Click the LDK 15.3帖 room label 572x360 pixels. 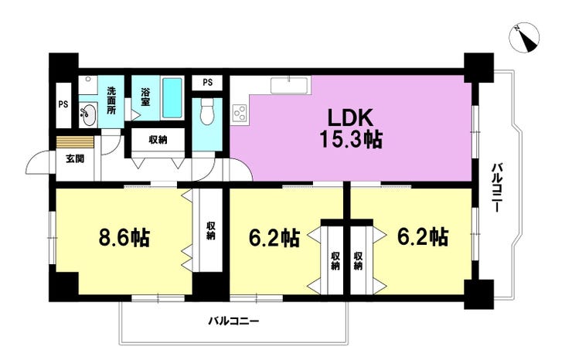point(351,129)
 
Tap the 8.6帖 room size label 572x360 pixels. point(124,237)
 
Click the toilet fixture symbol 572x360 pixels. point(207,112)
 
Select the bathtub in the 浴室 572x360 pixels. point(172,97)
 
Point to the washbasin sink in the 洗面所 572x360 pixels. point(88,114)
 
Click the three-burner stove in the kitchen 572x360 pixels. point(240,113)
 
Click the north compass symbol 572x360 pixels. point(524,38)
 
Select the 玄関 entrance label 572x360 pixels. point(75,158)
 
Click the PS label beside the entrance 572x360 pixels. point(63,104)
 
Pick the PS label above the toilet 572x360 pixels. point(208,83)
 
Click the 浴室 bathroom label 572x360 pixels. point(145,97)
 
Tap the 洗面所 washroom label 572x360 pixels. point(111,100)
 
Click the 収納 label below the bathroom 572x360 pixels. point(158,139)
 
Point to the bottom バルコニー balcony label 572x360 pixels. point(233,321)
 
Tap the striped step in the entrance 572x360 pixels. point(75,142)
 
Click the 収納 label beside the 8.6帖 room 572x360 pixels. point(210,230)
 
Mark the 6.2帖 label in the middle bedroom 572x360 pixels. point(274,238)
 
